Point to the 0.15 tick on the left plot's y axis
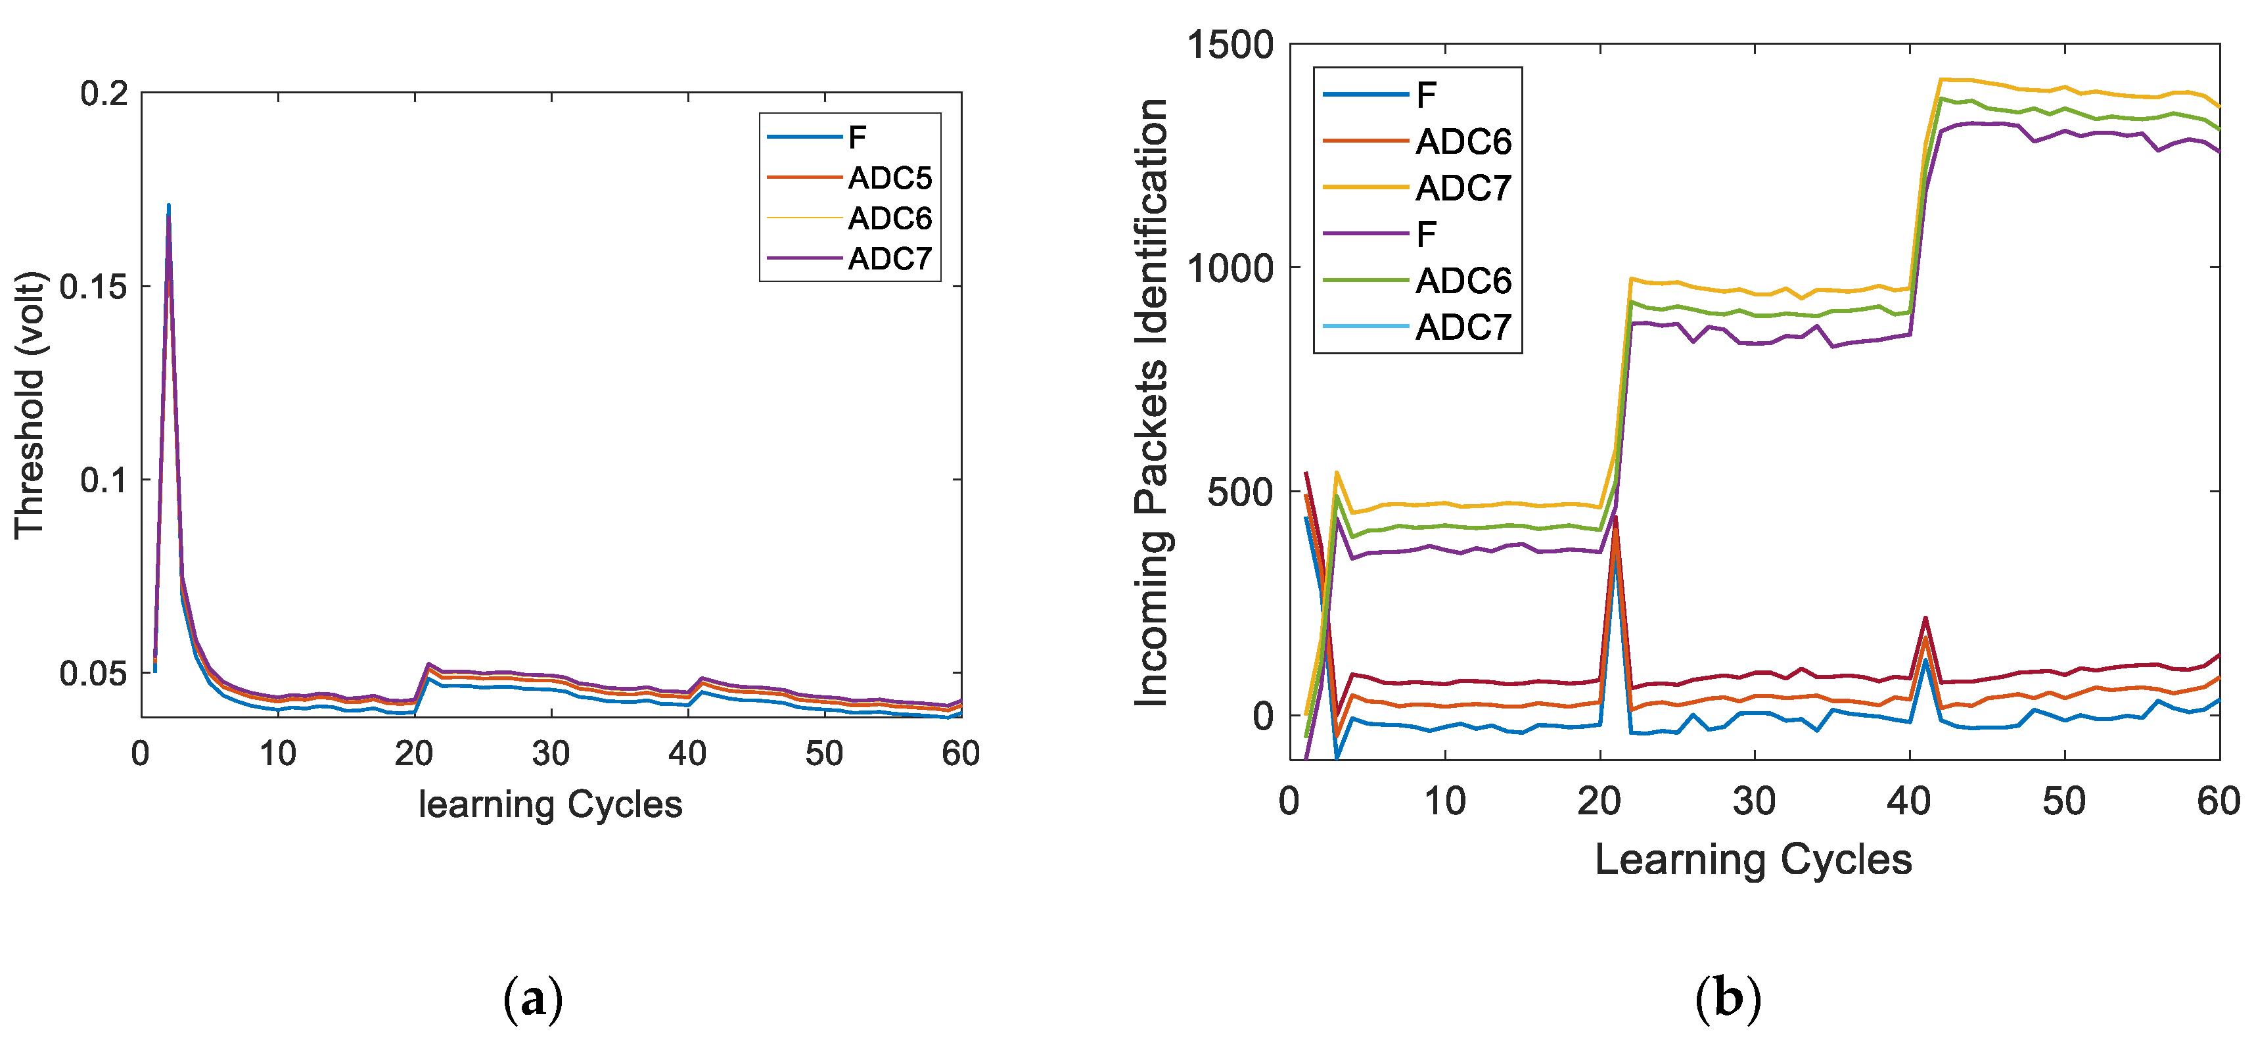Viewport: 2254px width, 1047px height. (x=93, y=287)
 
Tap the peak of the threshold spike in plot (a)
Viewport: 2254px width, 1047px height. (x=168, y=206)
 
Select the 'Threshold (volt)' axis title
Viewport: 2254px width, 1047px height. (x=29, y=404)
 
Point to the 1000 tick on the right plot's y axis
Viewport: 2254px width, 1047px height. (x=1230, y=267)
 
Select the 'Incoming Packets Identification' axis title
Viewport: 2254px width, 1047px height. (x=1151, y=403)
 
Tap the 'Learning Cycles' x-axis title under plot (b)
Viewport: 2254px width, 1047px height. (x=1753, y=859)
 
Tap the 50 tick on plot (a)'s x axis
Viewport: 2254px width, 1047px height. (x=823, y=753)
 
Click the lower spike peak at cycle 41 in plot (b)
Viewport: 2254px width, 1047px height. (x=1925, y=619)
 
